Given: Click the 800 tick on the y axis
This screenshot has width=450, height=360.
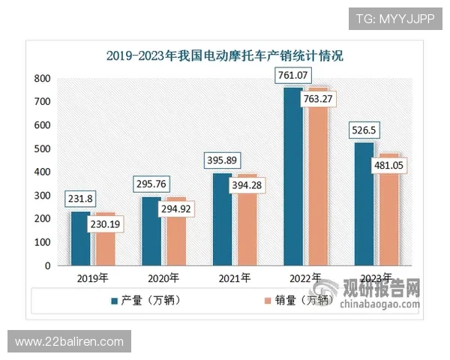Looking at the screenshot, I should [43, 78].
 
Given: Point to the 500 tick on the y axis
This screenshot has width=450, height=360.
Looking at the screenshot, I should [43, 148].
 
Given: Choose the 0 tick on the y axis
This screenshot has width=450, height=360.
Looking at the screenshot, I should [47, 265].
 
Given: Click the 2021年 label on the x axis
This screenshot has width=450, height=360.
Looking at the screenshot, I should [233, 279].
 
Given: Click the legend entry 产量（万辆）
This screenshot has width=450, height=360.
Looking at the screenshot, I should [151, 301].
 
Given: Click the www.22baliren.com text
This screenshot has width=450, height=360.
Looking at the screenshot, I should [69, 342].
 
